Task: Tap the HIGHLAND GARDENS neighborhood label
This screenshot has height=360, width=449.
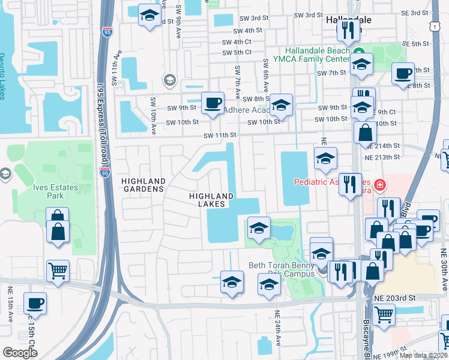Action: [x=143, y=185]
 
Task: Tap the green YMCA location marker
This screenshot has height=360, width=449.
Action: [x=359, y=52]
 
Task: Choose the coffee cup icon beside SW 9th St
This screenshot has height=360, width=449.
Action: [x=212, y=103]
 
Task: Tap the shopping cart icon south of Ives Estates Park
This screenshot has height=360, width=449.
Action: [x=58, y=271]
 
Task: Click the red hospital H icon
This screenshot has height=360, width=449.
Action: [x=379, y=184]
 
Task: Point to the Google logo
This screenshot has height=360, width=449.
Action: [x=20, y=353]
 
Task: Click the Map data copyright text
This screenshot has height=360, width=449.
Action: [x=423, y=355]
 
